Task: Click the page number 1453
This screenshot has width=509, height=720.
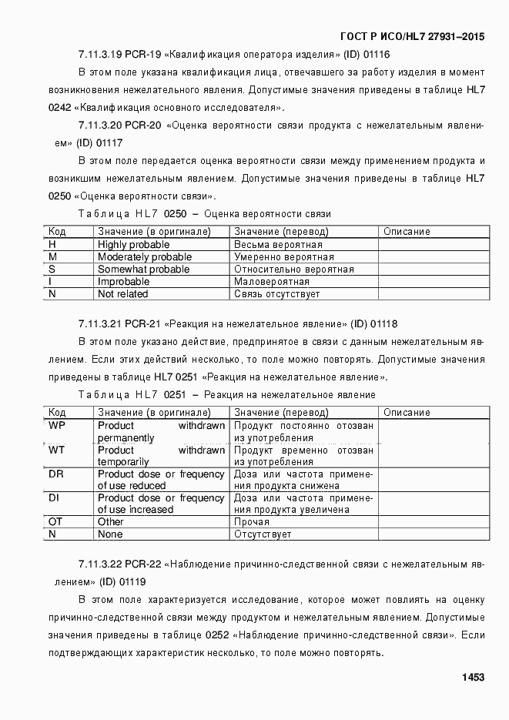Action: (x=473, y=678)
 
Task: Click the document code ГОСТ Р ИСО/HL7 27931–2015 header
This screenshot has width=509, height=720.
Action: (x=412, y=37)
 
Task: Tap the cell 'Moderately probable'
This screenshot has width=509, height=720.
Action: (x=144, y=256)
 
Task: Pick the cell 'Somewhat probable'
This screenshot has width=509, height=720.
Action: (x=143, y=269)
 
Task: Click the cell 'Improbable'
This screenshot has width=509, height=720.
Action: (x=123, y=281)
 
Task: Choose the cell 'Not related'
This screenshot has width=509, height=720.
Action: (x=122, y=293)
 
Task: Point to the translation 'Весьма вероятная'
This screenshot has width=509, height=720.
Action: (x=278, y=244)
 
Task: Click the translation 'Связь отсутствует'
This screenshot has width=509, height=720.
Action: (x=276, y=293)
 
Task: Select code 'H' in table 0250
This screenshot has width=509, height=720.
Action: (x=52, y=244)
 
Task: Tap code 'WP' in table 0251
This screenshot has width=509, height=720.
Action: (x=56, y=426)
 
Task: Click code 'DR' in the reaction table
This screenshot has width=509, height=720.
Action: (x=55, y=474)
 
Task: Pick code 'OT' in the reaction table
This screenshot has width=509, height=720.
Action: (x=55, y=522)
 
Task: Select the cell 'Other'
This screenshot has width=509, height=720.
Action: (x=110, y=522)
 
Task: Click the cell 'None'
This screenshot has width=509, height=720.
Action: (x=110, y=534)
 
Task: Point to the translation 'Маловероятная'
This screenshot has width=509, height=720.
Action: (x=272, y=281)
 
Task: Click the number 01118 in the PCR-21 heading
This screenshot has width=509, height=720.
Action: (x=383, y=323)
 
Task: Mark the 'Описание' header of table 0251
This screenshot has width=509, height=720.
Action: (x=406, y=413)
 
